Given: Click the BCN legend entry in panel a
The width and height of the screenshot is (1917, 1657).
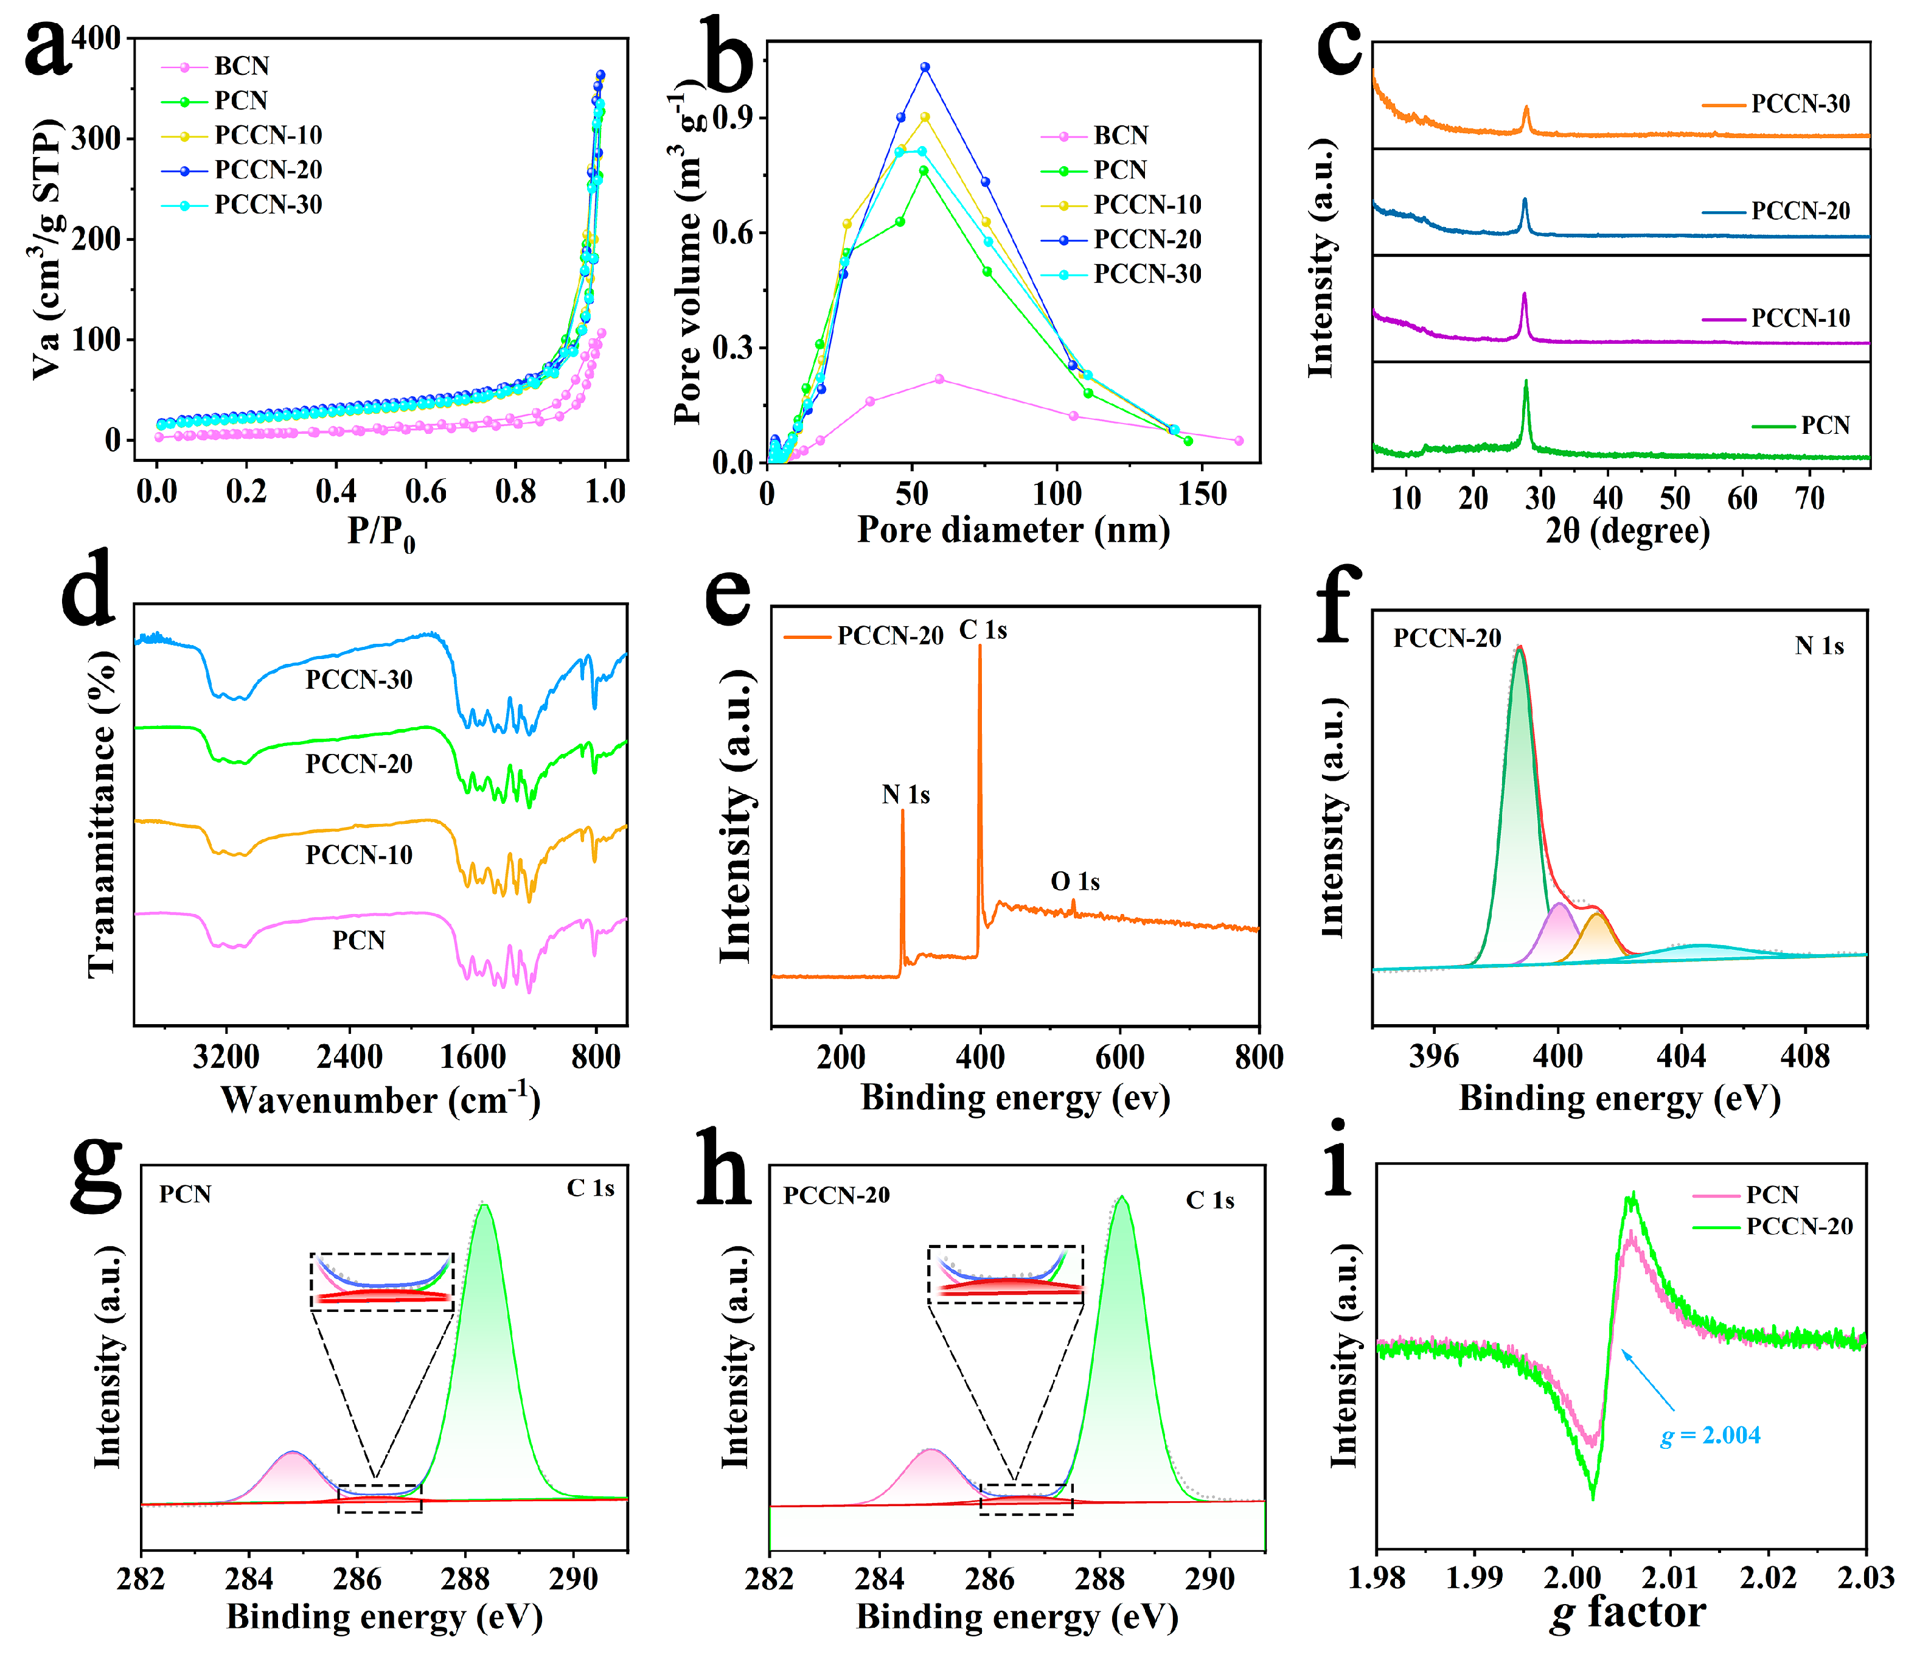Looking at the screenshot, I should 240,66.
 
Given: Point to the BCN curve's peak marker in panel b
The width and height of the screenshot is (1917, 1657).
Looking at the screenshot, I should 939,379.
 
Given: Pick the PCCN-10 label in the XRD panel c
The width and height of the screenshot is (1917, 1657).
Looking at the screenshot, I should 1800,318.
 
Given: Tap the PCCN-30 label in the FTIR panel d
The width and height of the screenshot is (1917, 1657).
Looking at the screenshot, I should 359,680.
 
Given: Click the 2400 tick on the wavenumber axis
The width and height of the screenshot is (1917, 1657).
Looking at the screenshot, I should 349,1056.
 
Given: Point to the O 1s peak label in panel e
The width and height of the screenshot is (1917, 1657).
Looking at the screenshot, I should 1074,882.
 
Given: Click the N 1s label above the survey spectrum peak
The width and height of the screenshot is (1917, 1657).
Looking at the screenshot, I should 905,795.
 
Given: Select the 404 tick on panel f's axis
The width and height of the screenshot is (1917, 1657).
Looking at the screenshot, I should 1681,1056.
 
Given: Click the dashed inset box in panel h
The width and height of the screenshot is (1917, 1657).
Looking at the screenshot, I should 1006,1274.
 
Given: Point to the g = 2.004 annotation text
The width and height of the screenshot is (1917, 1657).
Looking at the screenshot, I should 1710,1437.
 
